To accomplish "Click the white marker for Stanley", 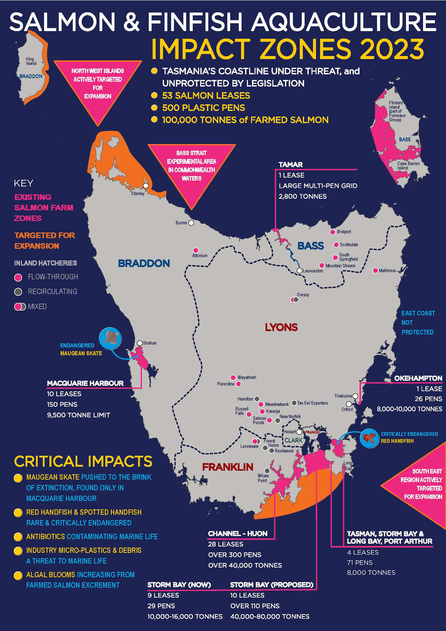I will pos(146,186).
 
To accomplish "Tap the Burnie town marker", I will pos(191,223).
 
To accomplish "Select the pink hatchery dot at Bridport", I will pos(333,232).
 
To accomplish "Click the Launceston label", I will pos(313,271).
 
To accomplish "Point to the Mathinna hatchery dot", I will pos(375,271).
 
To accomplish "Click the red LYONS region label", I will pos(281,327).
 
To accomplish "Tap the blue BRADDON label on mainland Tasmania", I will pos(144,263).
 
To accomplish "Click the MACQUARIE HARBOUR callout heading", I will pos(85,383).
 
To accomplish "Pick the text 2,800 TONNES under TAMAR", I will pos(303,197).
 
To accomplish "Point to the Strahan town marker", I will pos(140,343).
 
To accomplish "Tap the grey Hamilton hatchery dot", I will pos(257,399).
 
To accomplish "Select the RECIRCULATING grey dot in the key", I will pos(18,292).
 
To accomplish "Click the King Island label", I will pos(30,61).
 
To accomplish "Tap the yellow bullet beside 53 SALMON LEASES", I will pos(154,95).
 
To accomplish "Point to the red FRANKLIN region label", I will pos(227,467).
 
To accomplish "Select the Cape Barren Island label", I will pos(408,166).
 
